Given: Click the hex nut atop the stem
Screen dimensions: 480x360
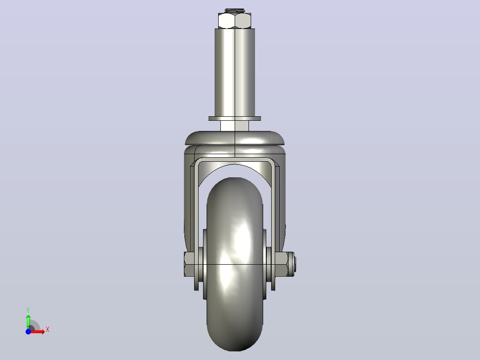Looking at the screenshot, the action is pos(235,20).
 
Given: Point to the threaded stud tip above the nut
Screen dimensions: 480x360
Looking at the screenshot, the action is pos(235,11).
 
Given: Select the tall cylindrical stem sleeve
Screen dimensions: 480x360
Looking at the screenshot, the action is pos(235,73).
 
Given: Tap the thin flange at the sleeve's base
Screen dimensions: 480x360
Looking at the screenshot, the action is pos(235,119).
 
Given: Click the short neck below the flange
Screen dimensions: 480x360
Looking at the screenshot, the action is pos(235,126).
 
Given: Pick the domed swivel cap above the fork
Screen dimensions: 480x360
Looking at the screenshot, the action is pos(235,138).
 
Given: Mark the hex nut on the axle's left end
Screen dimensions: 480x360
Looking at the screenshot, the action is pos(189,264).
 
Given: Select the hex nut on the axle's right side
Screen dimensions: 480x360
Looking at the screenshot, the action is pos(281,264).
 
